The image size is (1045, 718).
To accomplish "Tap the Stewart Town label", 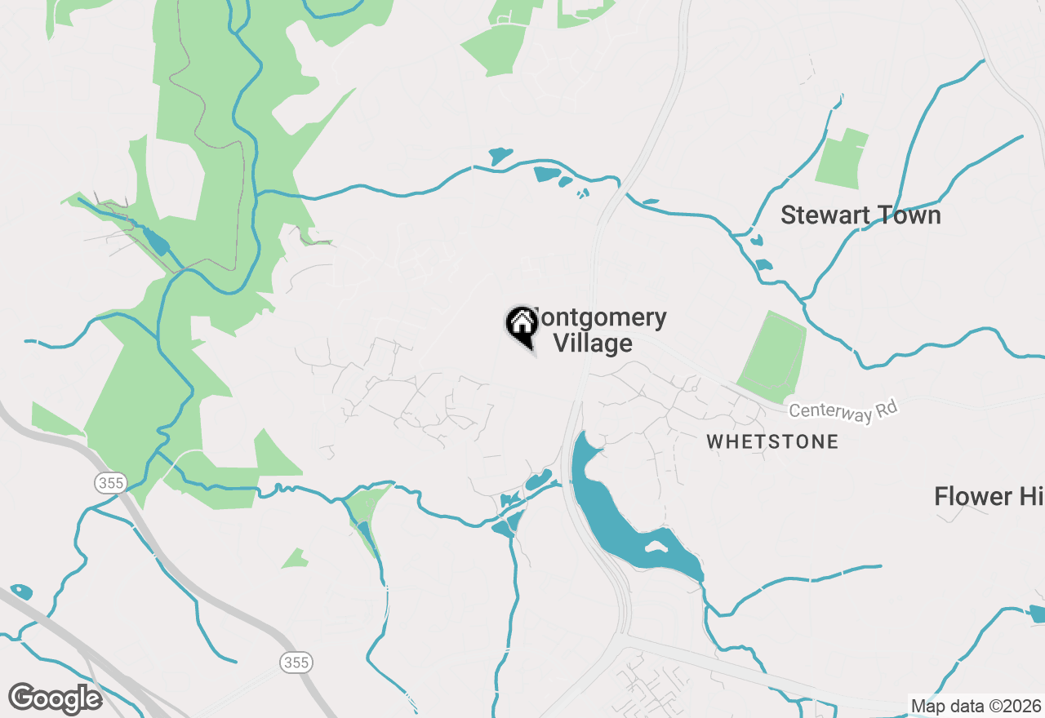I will (860, 215).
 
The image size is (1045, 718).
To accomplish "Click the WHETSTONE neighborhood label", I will (772, 441).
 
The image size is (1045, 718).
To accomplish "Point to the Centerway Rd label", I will (843, 411).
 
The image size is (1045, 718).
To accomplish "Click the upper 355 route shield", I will (109, 483).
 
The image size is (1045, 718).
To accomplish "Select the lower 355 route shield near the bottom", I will (296, 662).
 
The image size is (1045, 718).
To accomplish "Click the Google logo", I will (56, 698).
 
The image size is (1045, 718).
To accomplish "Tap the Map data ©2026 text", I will (976, 706).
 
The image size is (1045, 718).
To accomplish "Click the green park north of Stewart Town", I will (841, 159).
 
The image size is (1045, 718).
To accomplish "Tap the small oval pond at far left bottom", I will (21, 591).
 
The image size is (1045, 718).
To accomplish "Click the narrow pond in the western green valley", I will (155, 242).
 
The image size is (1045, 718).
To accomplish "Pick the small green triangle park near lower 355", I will (295, 560).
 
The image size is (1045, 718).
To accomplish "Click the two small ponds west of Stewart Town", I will (760, 254).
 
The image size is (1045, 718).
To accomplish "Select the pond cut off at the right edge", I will (1038, 614).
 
